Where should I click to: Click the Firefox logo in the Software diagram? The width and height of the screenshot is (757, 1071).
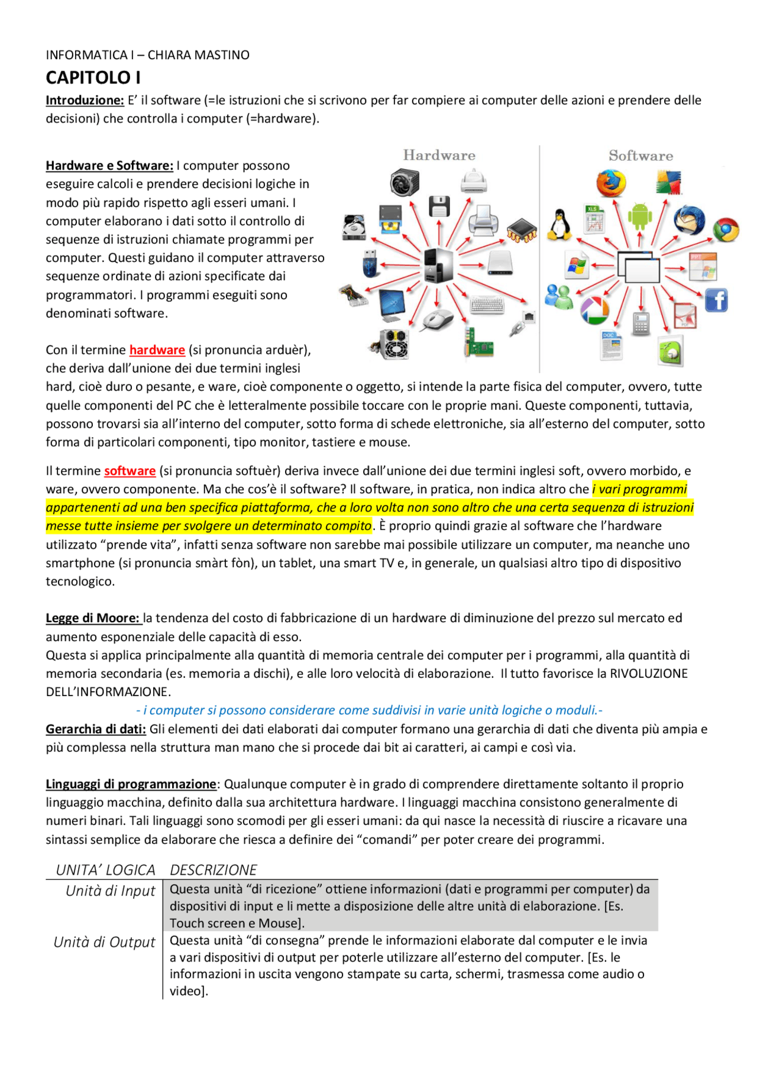pyautogui.click(x=611, y=183)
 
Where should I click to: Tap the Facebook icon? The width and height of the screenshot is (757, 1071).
pyautogui.click(x=716, y=300)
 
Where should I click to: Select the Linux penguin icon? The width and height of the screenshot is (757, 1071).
pyautogui.click(x=559, y=225)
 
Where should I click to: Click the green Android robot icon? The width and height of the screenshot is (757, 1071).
pyautogui.click(x=640, y=216)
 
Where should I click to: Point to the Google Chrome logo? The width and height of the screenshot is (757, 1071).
pyautogui.click(x=726, y=229)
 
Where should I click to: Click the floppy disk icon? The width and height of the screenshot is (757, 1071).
pyautogui.click(x=439, y=206)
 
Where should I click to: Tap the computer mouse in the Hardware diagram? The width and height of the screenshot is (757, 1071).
pyautogui.click(x=438, y=319)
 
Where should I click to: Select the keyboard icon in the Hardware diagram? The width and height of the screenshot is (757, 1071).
pyautogui.click(x=487, y=305)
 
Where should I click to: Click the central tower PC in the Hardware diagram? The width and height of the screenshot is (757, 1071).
pyautogui.click(x=439, y=265)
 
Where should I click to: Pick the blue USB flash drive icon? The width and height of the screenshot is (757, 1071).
pyautogui.click(x=370, y=263)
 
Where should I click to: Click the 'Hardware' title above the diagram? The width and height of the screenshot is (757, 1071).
pyautogui.click(x=439, y=156)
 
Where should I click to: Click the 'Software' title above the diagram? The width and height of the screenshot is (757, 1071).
pyautogui.click(x=640, y=156)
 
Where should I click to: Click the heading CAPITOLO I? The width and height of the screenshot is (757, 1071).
pyautogui.click(x=93, y=78)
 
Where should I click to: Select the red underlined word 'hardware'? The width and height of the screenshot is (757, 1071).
pyautogui.click(x=157, y=350)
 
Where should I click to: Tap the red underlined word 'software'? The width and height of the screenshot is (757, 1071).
pyautogui.click(x=130, y=471)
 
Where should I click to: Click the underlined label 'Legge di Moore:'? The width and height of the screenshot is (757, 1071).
pyautogui.click(x=93, y=618)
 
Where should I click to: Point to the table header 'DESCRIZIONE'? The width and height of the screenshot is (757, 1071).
pyautogui.click(x=213, y=870)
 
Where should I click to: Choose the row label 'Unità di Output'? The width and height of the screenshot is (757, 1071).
pyautogui.click(x=104, y=942)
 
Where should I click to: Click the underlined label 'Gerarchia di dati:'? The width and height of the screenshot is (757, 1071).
pyautogui.click(x=96, y=729)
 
